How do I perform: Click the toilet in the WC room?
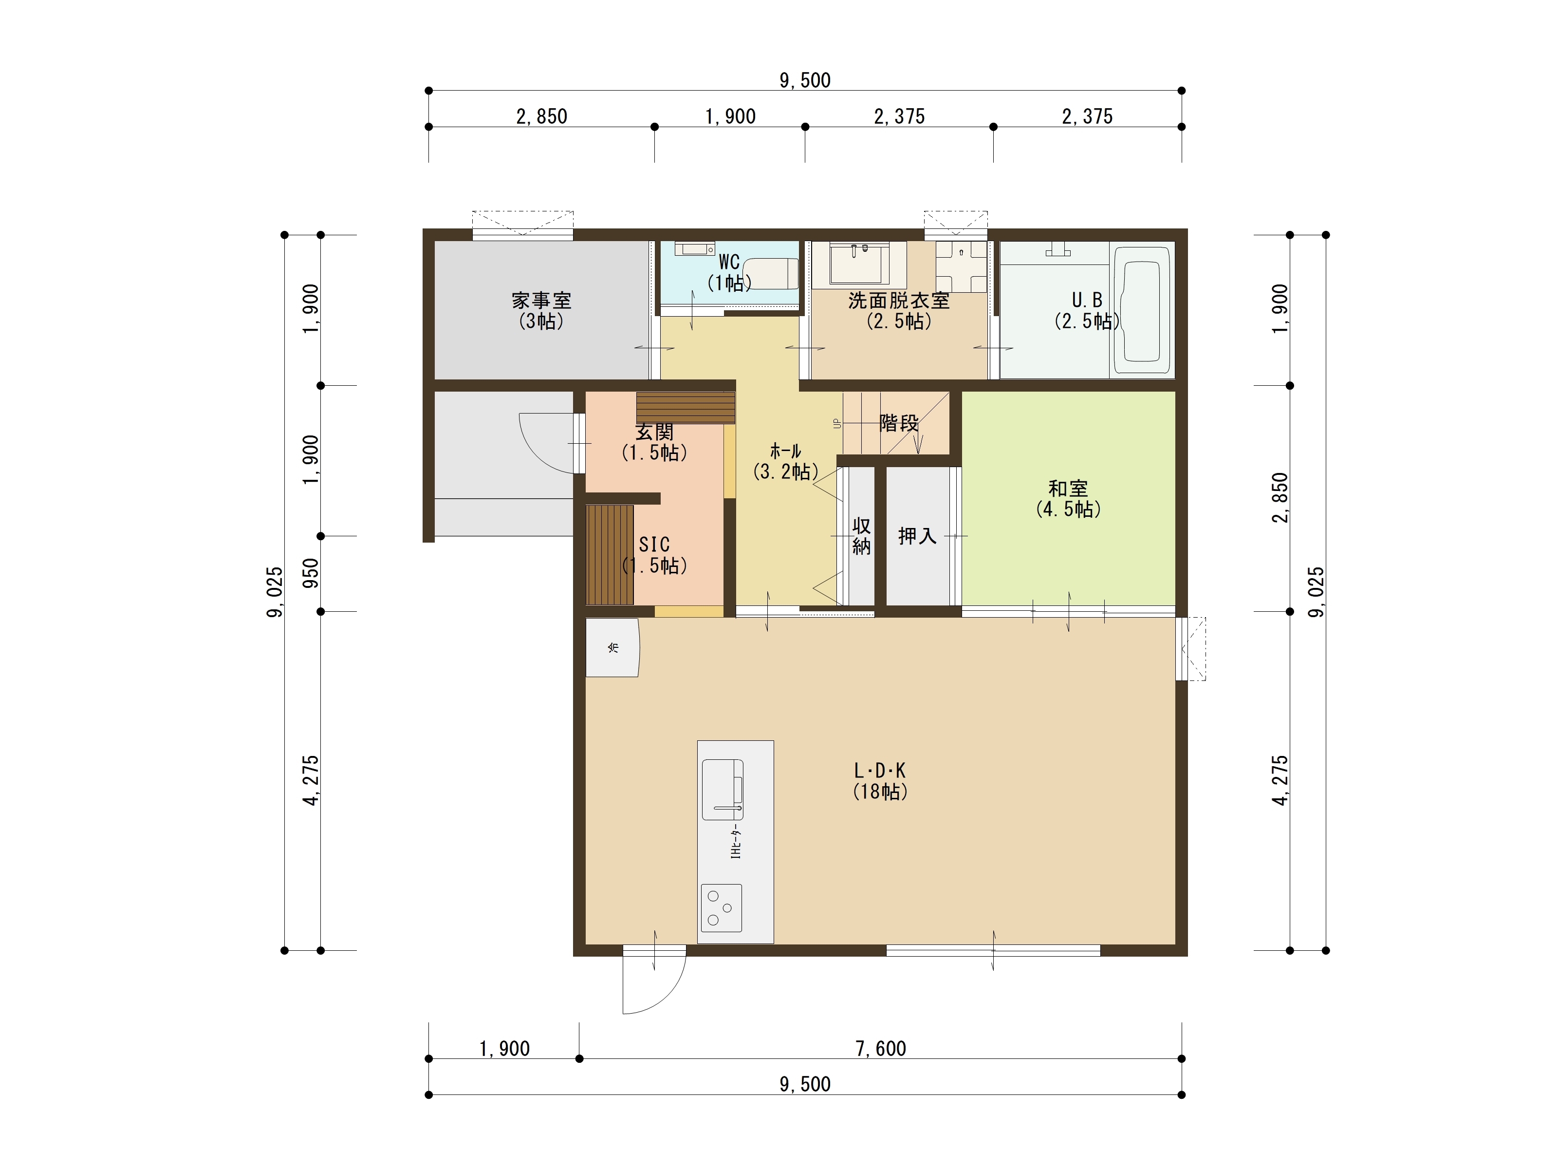(771, 273)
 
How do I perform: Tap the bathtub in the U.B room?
(1141, 311)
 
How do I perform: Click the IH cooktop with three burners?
(721, 907)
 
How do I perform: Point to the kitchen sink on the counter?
(723, 789)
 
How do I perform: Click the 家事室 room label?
(541, 301)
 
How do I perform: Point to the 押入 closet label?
(917, 536)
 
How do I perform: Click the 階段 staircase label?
(899, 423)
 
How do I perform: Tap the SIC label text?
(654, 545)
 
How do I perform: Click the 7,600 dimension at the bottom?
(880, 1049)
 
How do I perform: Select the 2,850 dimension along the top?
(541, 116)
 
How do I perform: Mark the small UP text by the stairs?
(837, 423)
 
